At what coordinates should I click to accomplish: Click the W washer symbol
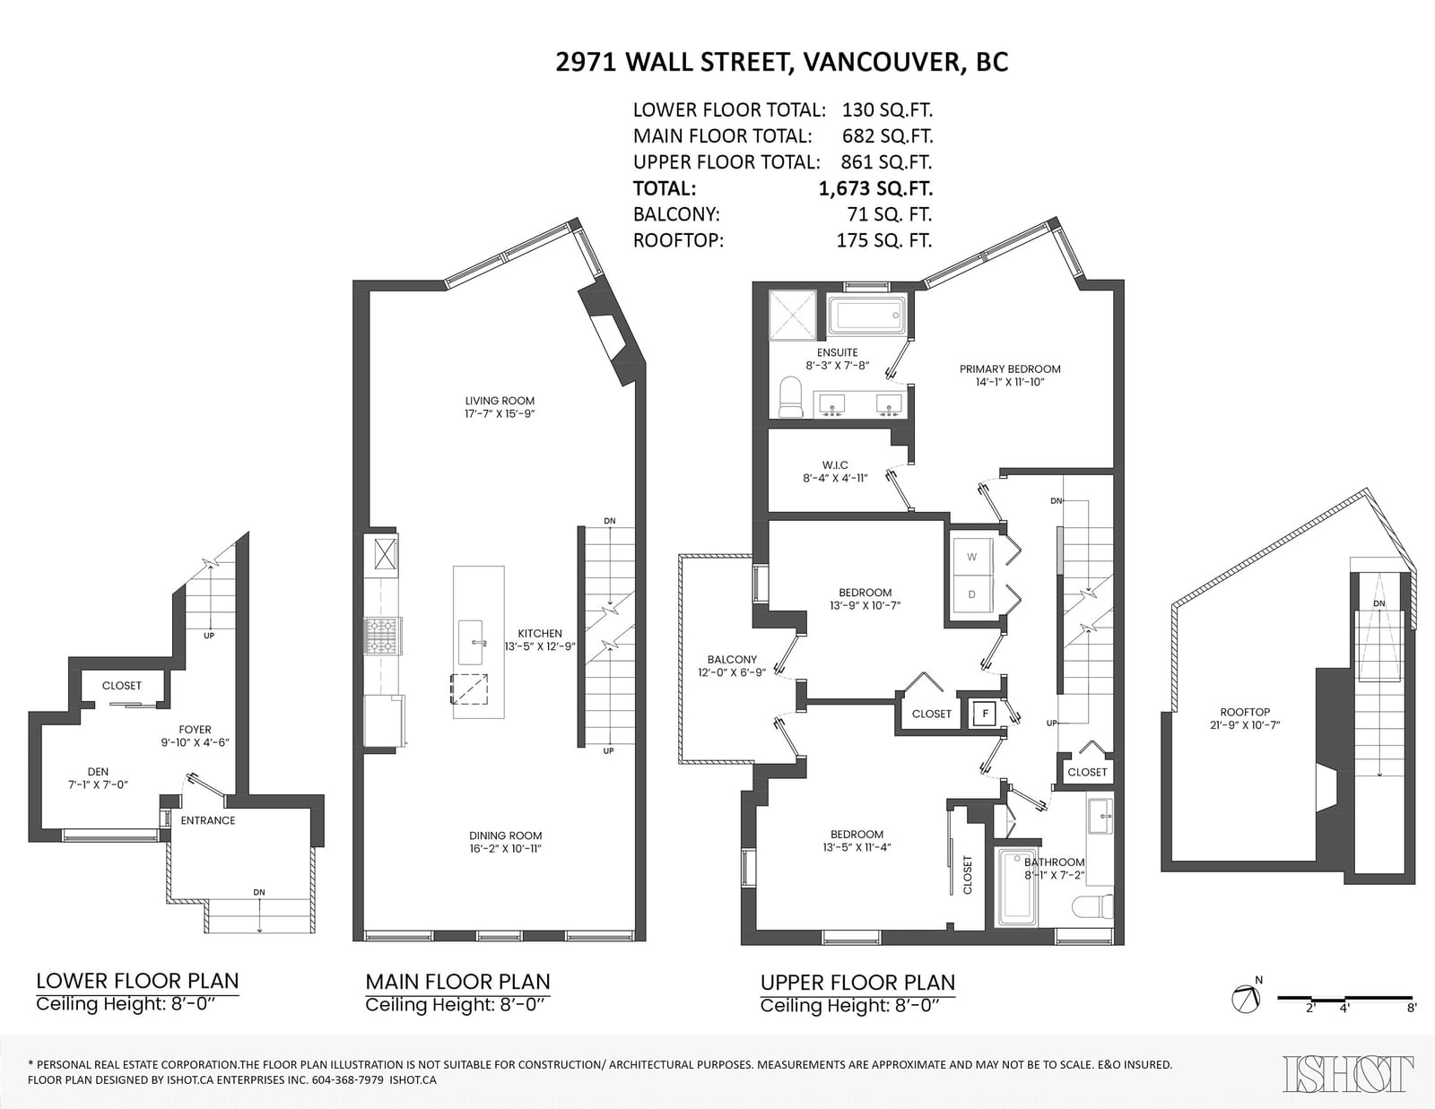pos(971,557)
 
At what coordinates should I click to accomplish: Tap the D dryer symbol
pos(971,594)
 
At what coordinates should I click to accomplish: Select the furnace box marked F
pos(986,714)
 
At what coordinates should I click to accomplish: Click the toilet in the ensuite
pos(790,397)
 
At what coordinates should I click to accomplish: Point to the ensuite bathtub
pos(868,315)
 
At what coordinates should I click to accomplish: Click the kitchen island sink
pos(473,642)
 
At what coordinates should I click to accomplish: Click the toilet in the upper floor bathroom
pos(1092,905)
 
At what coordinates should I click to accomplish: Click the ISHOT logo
pos(1348,1074)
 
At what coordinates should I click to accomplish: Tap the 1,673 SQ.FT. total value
pos(875,189)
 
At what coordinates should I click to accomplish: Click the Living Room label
pos(500,401)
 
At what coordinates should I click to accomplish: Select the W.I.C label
pos(835,465)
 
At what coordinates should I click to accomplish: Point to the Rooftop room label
pos(1245,712)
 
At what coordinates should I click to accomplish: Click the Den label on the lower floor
pos(98,772)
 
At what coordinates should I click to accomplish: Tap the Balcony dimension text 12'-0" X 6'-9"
pos(733,672)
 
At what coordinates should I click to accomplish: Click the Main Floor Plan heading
pos(457,982)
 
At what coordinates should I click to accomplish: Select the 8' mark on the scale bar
pos(1411,1008)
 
